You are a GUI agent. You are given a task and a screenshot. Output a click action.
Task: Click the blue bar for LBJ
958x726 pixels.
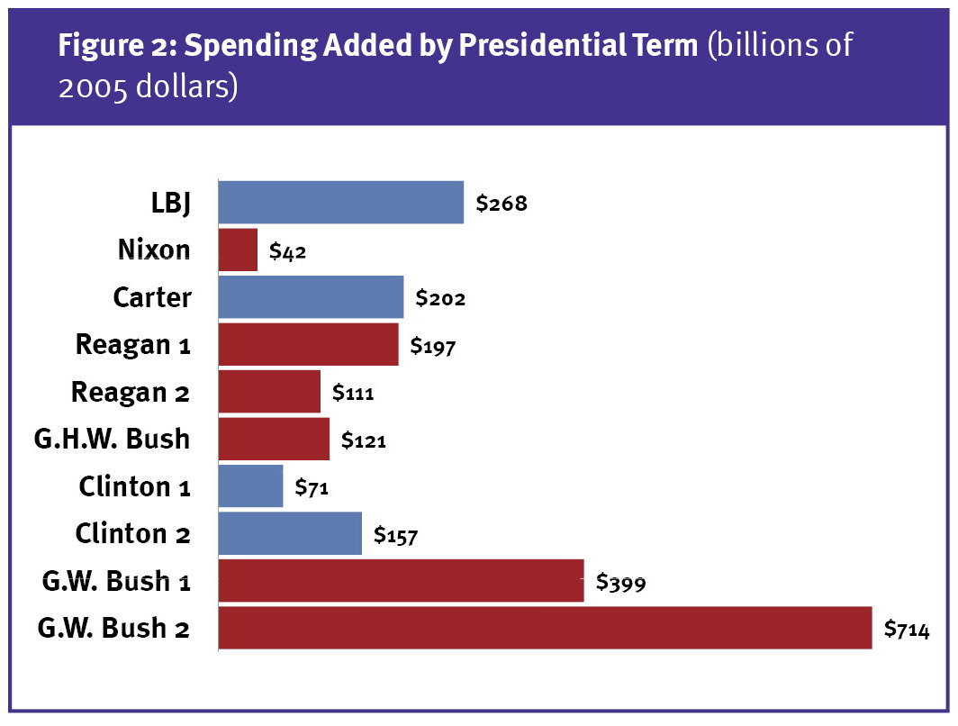(x=341, y=202)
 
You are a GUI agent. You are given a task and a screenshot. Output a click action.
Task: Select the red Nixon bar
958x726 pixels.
(x=239, y=250)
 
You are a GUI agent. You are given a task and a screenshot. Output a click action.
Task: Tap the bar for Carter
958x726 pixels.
(x=312, y=297)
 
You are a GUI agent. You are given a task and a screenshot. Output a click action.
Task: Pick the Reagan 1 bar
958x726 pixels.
(x=309, y=345)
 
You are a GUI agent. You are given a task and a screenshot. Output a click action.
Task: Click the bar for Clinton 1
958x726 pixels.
(x=251, y=486)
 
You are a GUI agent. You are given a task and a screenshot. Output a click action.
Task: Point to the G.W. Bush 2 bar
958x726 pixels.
(x=546, y=628)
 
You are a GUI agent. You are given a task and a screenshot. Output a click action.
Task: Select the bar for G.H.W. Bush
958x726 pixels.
(x=275, y=440)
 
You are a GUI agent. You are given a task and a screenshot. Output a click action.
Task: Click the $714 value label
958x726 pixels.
(x=906, y=629)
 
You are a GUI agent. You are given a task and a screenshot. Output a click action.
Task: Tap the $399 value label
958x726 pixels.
(x=620, y=583)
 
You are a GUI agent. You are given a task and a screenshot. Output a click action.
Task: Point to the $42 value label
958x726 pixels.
(x=288, y=252)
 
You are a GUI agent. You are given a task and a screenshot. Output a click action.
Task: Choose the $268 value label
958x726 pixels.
(x=502, y=204)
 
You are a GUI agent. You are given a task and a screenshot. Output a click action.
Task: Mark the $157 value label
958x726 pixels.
(x=395, y=536)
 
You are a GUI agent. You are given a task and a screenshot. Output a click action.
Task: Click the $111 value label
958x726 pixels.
(x=353, y=394)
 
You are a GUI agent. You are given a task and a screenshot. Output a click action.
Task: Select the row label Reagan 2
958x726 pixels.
(x=131, y=393)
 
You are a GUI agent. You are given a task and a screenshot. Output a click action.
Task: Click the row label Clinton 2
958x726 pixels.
(x=133, y=534)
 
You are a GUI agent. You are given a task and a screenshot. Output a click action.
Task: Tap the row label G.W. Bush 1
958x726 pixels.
(x=116, y=581)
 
